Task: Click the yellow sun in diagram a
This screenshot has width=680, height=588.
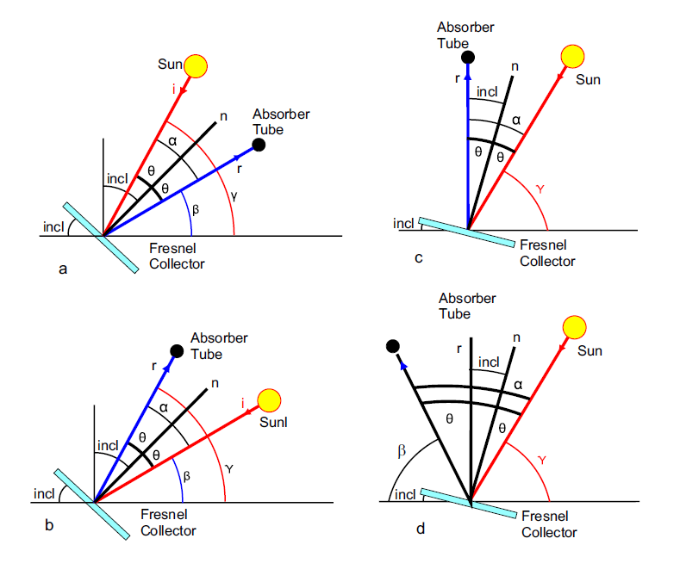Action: [x=196, y=66]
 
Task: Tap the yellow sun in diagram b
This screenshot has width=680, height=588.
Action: [x=269, y=400]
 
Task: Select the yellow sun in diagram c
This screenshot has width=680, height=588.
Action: [x=572, y=56]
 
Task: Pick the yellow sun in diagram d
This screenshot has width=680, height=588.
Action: [x=574, y=327]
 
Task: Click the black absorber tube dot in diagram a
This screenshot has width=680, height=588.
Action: [x=259, y=145]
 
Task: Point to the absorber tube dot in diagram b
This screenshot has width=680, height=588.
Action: [x=177, y=351]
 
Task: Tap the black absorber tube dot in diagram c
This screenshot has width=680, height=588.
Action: [x=468, y=57]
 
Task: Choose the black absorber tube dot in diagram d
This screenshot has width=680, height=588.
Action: [x=392, y=346]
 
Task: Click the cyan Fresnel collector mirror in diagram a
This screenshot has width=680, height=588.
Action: [x=101, y=238]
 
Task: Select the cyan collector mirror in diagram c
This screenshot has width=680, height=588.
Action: [x=466, y=232]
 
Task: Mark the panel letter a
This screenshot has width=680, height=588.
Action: [x=63, y=269]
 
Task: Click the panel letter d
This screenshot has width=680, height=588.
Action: [x=421, y=529]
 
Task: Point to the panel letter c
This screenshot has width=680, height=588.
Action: [x=419, y=258]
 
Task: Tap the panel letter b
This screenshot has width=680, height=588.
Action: [x=49, y=525]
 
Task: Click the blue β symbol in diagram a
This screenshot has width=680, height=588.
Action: [x=196, y=210]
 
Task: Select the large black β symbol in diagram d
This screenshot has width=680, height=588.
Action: [x=402, y=451]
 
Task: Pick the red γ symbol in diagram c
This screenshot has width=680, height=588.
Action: [x=540, y=189]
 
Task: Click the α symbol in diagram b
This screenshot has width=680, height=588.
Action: [x=164, y=407]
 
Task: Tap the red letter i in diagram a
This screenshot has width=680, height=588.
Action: [x=173, y=90]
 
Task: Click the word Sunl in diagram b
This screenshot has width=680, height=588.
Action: [x=273, y=423]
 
